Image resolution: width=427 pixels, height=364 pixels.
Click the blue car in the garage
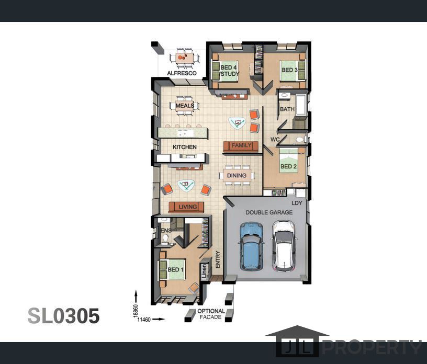point(251,247)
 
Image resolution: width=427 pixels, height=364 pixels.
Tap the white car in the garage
point(284,246)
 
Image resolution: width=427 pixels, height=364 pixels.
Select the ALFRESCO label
point(182,73)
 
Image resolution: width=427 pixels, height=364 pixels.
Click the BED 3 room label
point(289,70)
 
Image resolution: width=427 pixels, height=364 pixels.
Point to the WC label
point(275,140)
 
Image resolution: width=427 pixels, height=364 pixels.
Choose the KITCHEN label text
point(184,147)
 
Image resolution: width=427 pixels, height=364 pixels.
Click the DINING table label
point(237,176)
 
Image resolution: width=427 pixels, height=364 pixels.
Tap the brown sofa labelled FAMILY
point(241,146)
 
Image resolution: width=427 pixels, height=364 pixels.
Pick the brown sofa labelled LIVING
point(186,207)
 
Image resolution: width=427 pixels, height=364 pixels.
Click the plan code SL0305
point(63,316)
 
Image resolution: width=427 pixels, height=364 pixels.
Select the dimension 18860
point(136,311)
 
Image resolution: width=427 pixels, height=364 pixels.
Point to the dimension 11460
point(144,320)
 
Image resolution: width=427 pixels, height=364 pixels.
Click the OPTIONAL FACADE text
point(211,314)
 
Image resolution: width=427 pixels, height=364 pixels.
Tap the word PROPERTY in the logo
point(372,348)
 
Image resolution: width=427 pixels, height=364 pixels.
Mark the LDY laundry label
point(297,203)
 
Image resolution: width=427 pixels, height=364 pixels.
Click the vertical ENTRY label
point(218,259)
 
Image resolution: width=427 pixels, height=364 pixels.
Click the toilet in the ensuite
point(165,238)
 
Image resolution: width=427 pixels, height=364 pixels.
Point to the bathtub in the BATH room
point(302,105)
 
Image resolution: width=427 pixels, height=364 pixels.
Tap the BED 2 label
point(288,166)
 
